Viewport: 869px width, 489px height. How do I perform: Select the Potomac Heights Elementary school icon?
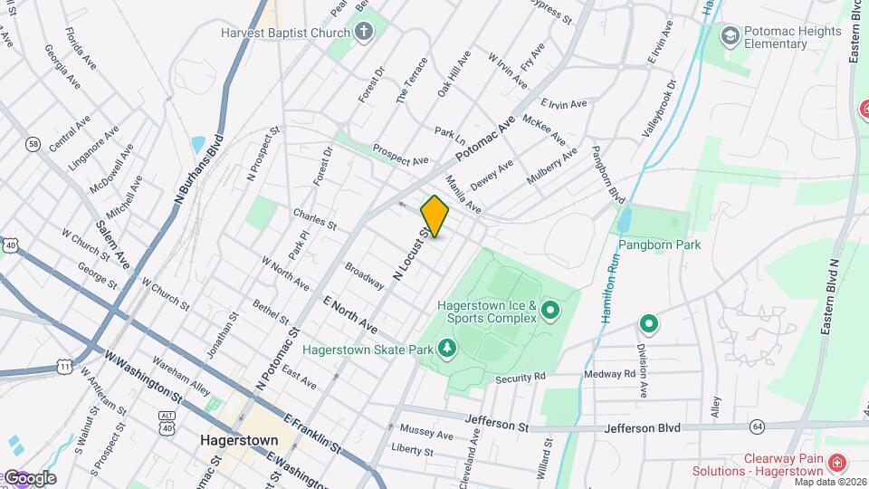(x=730, y=35)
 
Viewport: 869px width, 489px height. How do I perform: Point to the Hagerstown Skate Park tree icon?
(x=445, y=348)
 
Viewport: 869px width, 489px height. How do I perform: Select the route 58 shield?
(x=33, y=143)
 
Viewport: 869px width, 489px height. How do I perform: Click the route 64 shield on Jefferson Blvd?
(x=757, y=426)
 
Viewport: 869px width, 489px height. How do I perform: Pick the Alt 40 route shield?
(x=167, y=417)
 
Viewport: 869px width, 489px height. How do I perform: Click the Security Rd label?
(x=521, y=376)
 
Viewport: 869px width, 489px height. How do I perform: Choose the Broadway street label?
(x=365, y=275)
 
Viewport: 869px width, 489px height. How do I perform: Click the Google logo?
(x=29, y=478)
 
